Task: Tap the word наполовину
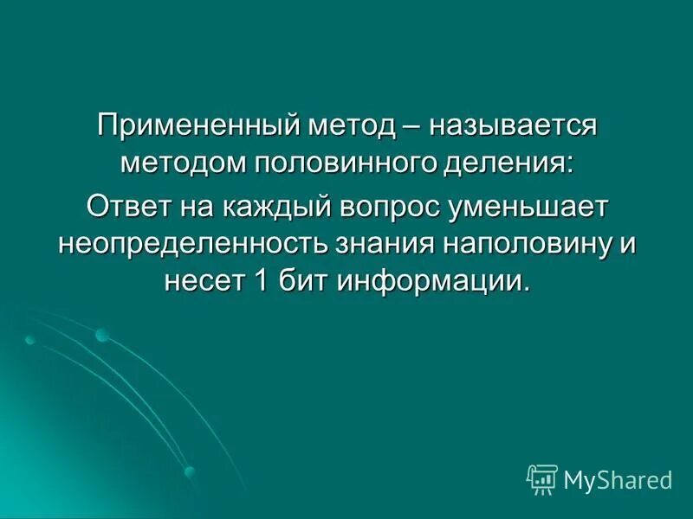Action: pos(528,243)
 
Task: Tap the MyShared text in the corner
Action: pos(618,478)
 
